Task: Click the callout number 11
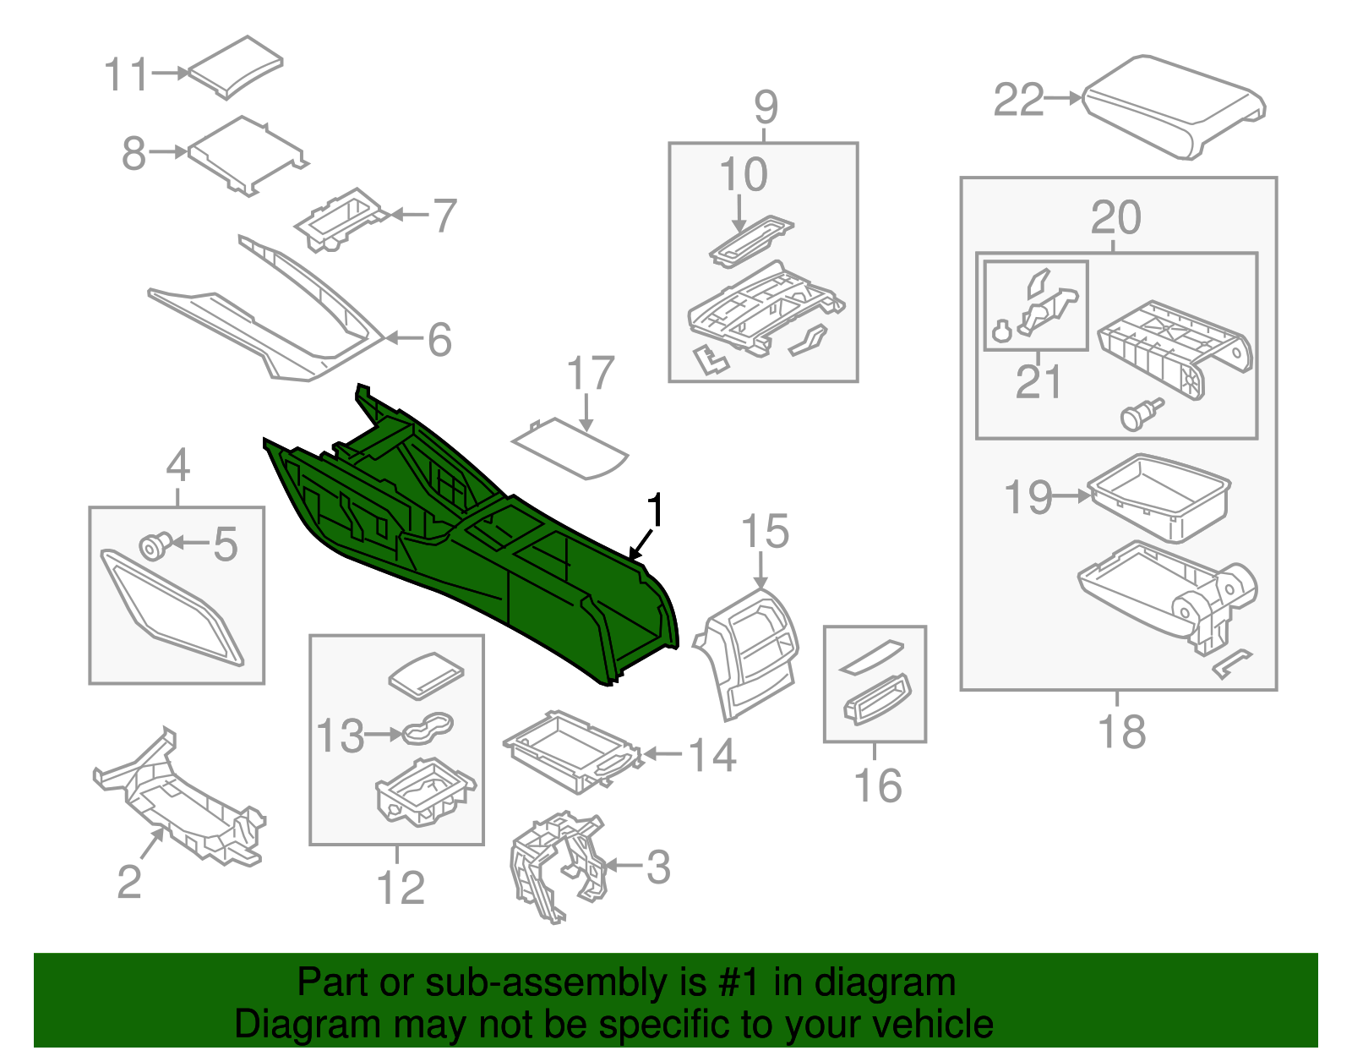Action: (126, 74)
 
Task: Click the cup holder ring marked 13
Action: (428, 728)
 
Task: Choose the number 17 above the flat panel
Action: (590, 374)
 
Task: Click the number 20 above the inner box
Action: (1115, 218)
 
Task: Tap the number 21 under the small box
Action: (1038, 382)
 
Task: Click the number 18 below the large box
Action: (1121, 732)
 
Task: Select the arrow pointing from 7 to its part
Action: (410, 215)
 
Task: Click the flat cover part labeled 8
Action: (245, 154)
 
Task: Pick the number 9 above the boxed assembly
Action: (765, 107)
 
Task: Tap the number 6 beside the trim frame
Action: (439, 339)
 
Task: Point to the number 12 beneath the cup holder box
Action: (400, 888)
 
